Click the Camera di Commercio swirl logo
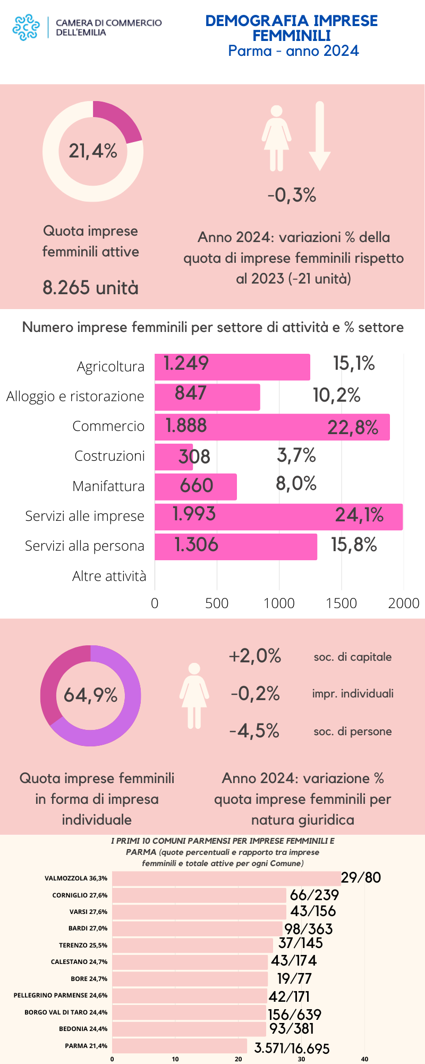[26, 28]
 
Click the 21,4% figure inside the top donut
[93, 151]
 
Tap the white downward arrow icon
[319, 136]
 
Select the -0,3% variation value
[292, 195]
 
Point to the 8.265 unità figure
[90, 288]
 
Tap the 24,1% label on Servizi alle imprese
[359, 515]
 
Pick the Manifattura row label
[108, 486]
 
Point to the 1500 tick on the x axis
[341, 603]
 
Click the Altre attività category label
[109, 576]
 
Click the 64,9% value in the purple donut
[90, 695]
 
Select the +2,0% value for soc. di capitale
[254, 656]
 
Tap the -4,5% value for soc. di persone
[254, 731]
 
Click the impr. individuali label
[353, 694]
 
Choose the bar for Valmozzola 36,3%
[226, 878]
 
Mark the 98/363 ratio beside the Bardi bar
[308, 929]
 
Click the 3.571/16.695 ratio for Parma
[292, 1048]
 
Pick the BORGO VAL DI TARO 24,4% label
[66, 1012]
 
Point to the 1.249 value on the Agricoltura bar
[186, 363]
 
